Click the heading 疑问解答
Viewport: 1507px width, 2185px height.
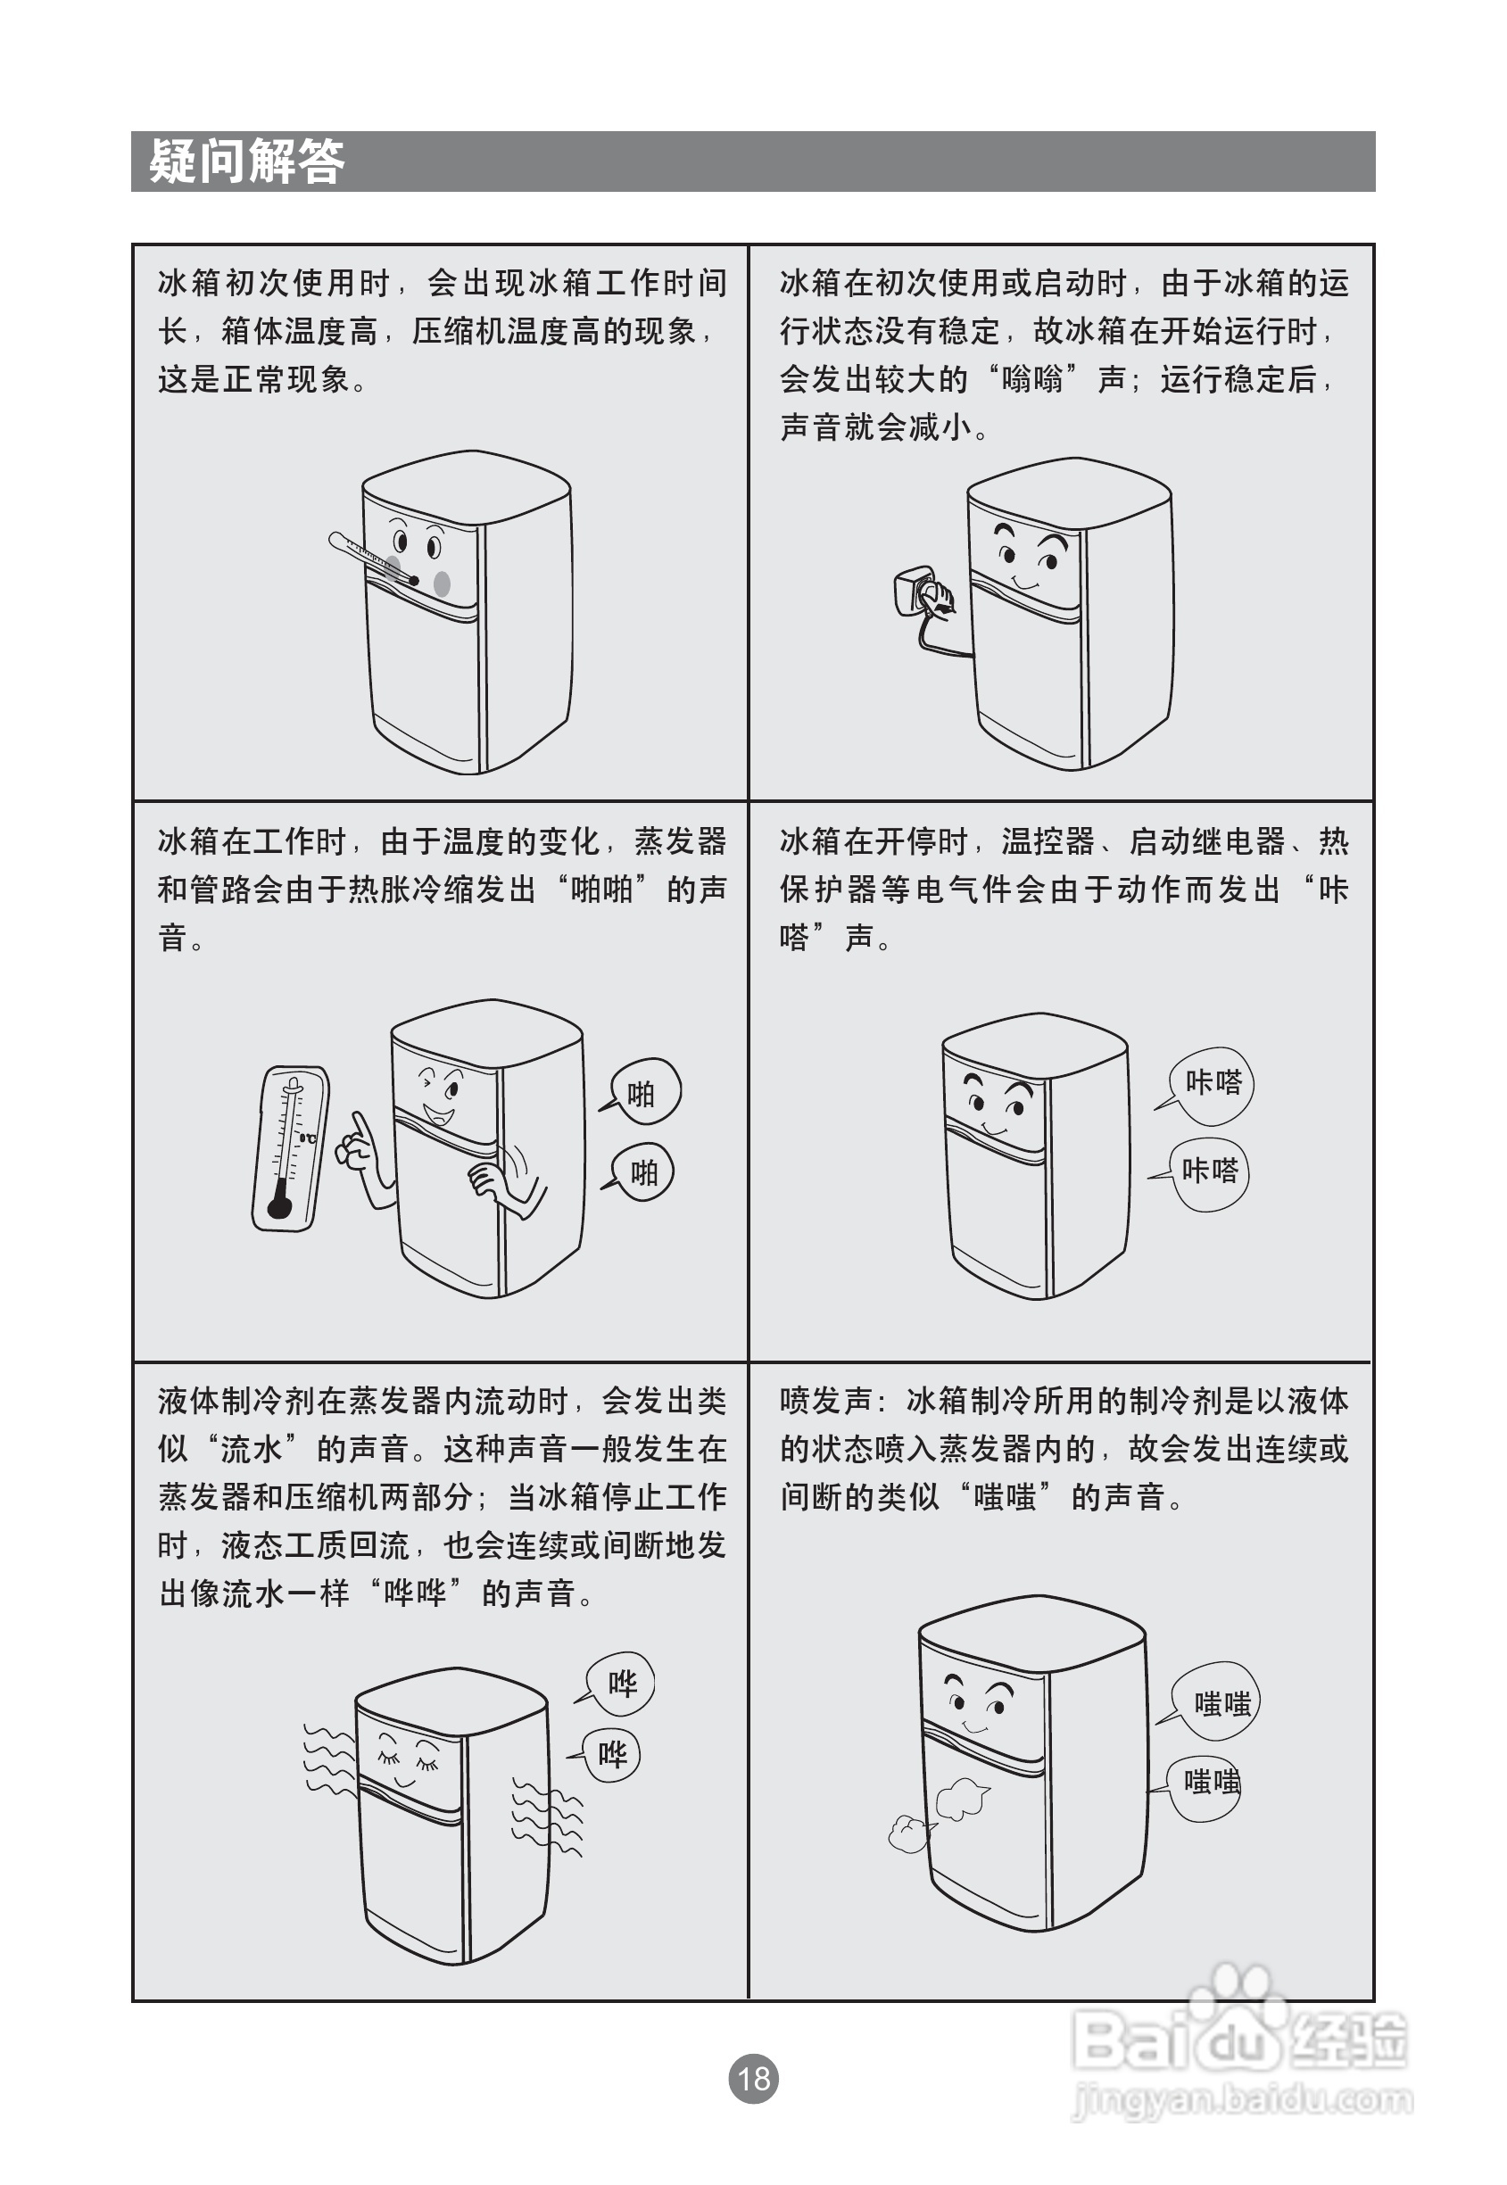pyautogui.click(x=247, y=161)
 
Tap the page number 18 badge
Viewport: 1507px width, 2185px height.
pyautogui.click(x=752, y=2078)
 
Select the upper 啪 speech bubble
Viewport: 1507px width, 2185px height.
pyautogui.click(x=645, y=1092)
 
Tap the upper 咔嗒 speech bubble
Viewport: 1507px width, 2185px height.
pyautogui.click(x=1213, y=1084)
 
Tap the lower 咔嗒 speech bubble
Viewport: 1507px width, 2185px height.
pyautogui.click(x=1210, y=1172)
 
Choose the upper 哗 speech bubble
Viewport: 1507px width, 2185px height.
pyautogui.click(x=620, y=1684)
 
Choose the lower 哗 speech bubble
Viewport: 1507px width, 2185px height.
pyautogui.click(x=612, y=1755)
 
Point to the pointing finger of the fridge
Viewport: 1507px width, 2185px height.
pyautogui.click(x=360, y=1127)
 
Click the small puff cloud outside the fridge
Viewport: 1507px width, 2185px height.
pyautogui.click(x=909, y=1834)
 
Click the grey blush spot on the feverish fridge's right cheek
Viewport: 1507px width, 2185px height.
pyautogui.click(x=442, y=583)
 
